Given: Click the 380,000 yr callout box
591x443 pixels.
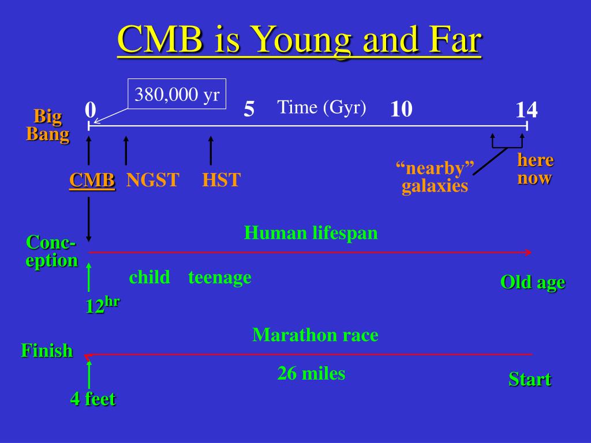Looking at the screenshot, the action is pyautogui.click(x=177, y=94).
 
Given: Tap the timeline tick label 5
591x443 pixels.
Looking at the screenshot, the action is pyautogui.click(x=249, y=109).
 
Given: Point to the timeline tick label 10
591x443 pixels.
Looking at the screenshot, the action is pyautogui.click(x=401, y=109).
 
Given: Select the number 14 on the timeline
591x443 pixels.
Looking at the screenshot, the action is pyautogui.click(x=526, y=110).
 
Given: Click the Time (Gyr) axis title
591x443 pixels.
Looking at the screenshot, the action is pyautogui.click(x=321, y=107).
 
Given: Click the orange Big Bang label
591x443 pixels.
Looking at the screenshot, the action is pyautogui.click(x=48, y=125).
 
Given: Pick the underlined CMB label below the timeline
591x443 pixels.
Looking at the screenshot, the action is pyautogui.click(x=92, y=180).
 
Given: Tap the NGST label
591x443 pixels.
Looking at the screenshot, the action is pyautogui.click(x=152, y=180).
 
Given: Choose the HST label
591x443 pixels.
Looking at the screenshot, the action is pyautogui.click(x=221, y=180).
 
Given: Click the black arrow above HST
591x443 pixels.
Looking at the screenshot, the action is pyautogui.click(x=211, y=151).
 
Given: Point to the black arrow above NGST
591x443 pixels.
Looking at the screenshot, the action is pyautogui.click(x=126, y=151).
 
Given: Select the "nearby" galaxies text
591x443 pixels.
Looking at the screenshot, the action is pyautogui.click(x=435, y=177).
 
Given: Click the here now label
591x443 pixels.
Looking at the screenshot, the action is pyautogui.click(x=535, y=169).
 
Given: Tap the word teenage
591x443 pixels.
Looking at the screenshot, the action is pyautogui.click(x=220, y=277).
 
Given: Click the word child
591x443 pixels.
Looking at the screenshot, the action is pyautogui.click(x=149, y=277).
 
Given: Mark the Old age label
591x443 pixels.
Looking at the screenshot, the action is pyautogui.click(x=533, y=282).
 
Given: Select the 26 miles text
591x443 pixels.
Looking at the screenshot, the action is pyautogui.click(x=311, y=373).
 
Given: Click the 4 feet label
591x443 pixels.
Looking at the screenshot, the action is pyautogui.click(x=93, y=399).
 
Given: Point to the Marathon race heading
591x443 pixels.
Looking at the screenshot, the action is pyautogui.click(x=315, y=335).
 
